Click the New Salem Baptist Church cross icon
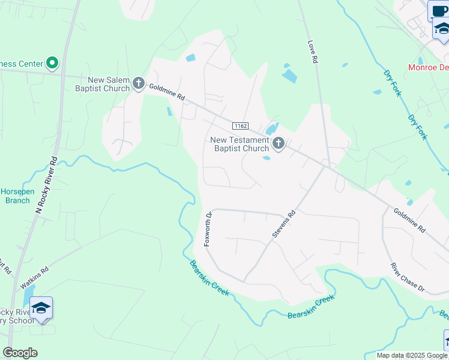(139, 83)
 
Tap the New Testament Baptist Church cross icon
(278, 143)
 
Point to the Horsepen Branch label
(17, 196)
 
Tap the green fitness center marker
(52, 62)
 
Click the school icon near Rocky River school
(41, 308)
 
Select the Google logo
(20, 353)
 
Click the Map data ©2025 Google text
(412, 355)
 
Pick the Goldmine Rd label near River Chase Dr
(409, 221)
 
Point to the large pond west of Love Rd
(289, 76)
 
